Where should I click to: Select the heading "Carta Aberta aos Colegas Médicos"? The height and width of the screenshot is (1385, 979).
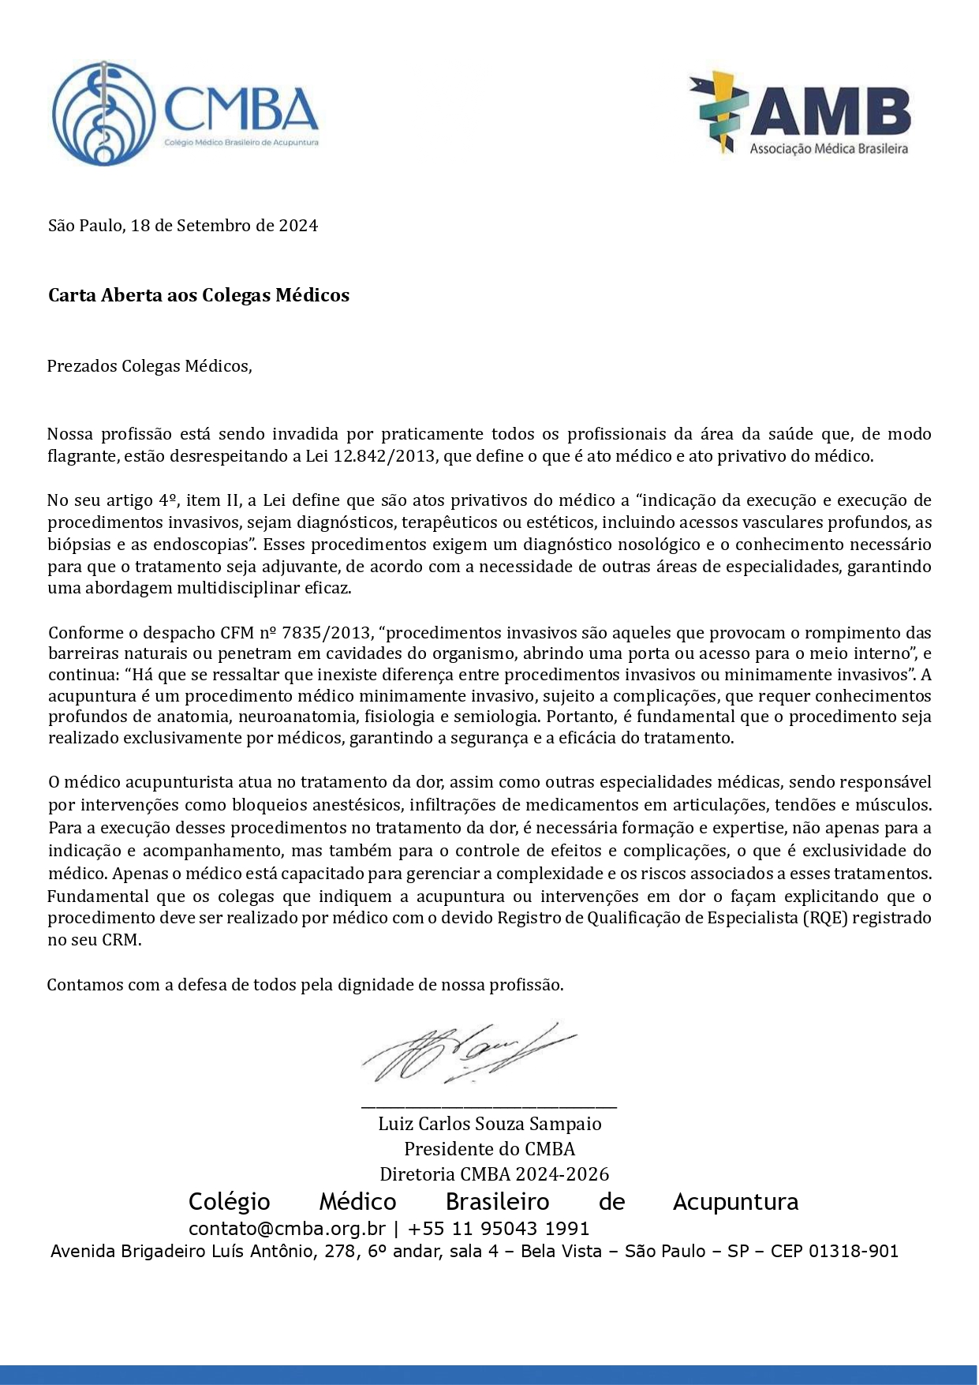tap(199, 295)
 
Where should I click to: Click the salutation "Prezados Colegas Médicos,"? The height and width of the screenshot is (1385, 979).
tap(150, 366)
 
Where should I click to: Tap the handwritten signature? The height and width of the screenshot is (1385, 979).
tap(465, 1053)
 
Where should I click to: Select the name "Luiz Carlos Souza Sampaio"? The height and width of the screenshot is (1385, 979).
tap(490, 1124)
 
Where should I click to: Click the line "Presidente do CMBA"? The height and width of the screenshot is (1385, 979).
tap(490, 1149)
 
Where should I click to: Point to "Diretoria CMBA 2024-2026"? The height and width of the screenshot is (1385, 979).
tap(495, 1174)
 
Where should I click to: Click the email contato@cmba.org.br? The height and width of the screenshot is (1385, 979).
tap(287, 1229)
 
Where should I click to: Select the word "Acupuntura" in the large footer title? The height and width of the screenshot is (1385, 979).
tap(735, 1202)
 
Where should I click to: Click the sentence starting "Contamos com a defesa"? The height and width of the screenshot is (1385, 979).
tap(305, 985)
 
